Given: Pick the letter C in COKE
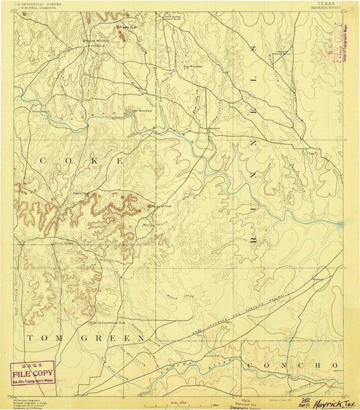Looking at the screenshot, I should point(43,161).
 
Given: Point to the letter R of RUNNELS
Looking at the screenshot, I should point(254,245).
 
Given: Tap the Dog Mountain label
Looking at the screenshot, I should point(192,66).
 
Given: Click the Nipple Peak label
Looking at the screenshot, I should point(81,194).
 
